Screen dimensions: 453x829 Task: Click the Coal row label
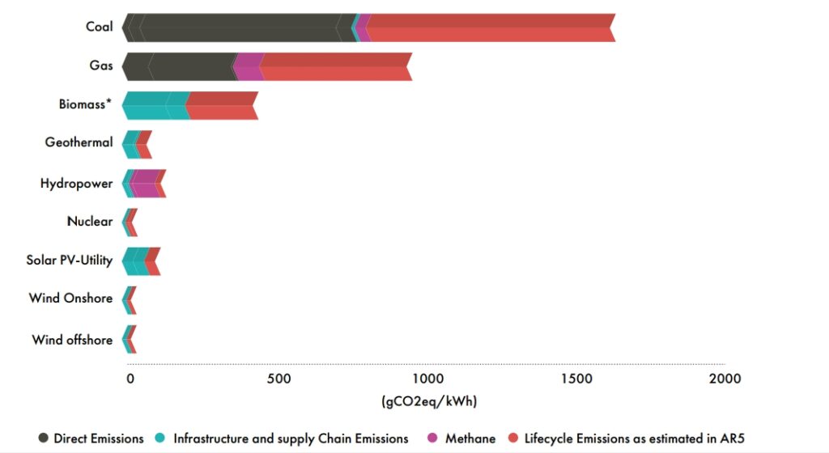pos(99,27)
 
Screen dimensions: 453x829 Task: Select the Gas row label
pos(101,66)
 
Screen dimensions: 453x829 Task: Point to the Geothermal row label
pos(79,143)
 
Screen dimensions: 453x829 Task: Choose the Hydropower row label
pos(76,184)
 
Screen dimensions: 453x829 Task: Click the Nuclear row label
pos(89,221)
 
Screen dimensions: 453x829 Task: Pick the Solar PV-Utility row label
pos(70,260)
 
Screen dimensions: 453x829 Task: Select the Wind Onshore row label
pos(70,298)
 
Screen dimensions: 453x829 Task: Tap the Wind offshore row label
pos(72,340)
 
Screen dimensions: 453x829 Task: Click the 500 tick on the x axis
pos(278,379)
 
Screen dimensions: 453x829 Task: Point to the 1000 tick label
pos(427,379)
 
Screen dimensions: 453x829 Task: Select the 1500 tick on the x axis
pos(576,379)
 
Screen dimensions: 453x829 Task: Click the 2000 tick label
pos(724,379)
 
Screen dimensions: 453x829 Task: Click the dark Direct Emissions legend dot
pos(44,438)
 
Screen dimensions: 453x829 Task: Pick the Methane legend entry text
pos(470,438)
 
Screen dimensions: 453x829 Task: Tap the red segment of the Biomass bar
pos(222,105)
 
